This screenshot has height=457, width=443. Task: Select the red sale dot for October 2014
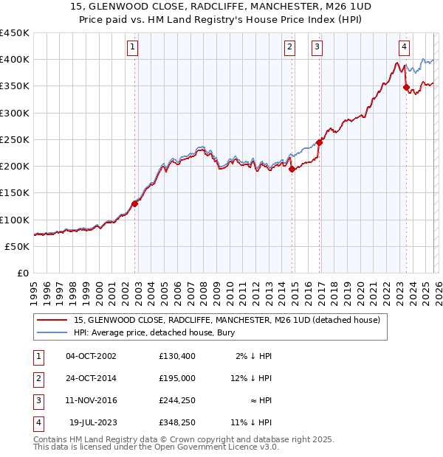pos(292,169)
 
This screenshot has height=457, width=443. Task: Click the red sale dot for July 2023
pos(406,87)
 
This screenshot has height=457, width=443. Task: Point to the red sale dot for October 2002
pos(135,203)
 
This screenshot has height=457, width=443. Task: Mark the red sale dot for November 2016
pos(319,142)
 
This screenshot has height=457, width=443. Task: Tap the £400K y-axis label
pos(15,59)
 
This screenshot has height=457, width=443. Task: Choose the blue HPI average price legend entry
pos(148,332)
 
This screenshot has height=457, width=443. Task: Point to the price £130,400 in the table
pos(177,356)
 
